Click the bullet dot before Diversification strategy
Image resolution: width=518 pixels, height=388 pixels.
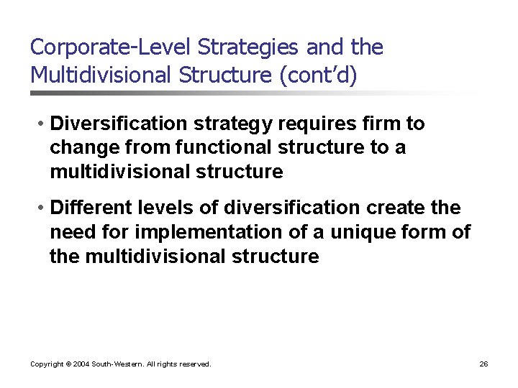[x=43, y=124]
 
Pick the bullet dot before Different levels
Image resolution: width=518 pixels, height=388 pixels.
[x=43, y=208]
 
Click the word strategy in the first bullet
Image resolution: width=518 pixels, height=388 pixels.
[x=236, y=124]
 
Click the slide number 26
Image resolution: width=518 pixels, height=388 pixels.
[x=483, y=364]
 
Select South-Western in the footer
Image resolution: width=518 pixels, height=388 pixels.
[x=117, y=364]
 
